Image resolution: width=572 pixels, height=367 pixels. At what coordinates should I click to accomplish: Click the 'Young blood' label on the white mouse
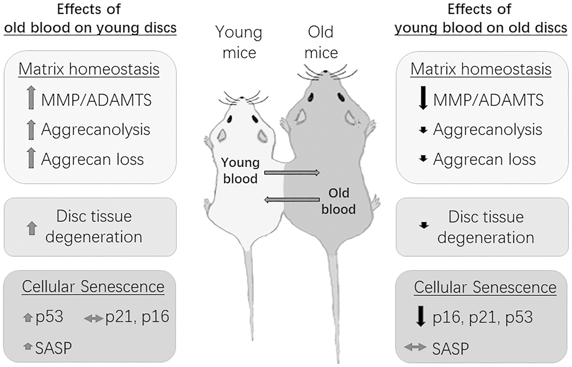(241, 170)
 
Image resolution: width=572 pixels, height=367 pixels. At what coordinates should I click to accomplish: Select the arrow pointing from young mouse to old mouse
(292, 173)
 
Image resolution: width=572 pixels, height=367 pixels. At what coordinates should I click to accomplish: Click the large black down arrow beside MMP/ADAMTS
(423, 100)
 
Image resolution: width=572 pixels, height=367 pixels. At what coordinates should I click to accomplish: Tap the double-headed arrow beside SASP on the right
(415, 347)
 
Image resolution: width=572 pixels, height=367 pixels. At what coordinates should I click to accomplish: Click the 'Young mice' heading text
(240, 43)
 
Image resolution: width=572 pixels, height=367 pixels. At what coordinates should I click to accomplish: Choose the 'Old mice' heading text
(321, 43)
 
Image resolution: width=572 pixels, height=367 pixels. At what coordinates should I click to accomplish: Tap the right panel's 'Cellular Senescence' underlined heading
(485, 287)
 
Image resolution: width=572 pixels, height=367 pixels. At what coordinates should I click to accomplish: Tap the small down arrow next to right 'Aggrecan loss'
(424, 159)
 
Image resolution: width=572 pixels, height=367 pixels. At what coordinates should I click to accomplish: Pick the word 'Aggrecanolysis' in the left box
(95, 129)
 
